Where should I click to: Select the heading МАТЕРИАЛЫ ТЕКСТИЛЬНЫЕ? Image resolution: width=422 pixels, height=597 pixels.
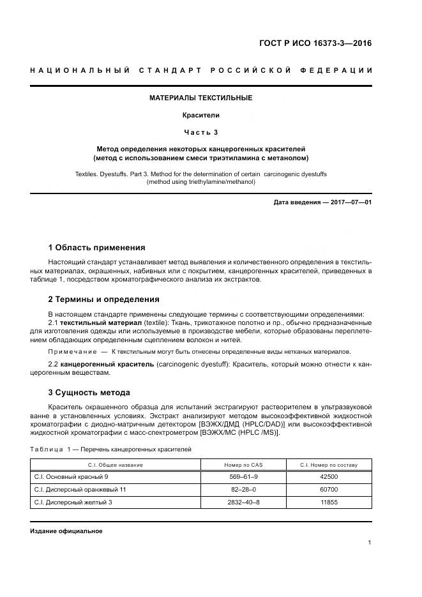point(200,98)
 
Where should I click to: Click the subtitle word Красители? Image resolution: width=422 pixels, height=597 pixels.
point(200,116)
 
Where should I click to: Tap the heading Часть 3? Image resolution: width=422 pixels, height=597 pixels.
point(200,132)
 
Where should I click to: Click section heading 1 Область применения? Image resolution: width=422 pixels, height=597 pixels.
point(97,247)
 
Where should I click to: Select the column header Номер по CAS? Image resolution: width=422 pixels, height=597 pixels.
point(243,465)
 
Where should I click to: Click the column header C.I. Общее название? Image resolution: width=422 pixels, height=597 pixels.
point(116,465)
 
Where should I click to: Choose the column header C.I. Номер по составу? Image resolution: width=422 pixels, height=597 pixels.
point(328,465)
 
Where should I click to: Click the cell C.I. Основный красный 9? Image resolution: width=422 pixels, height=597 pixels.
point(70,476)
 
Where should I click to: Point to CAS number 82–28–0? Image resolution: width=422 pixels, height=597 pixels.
point(243,489)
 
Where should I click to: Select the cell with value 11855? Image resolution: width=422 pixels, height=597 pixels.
point(328,502)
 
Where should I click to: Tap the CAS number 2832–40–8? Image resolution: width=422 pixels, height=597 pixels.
point(243,502)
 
